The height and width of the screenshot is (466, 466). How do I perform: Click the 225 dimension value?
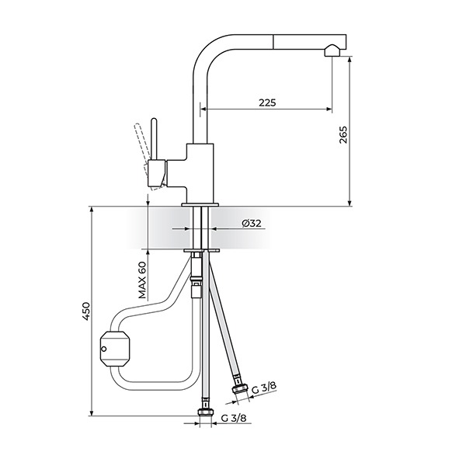267,103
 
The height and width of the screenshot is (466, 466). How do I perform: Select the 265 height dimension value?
343,134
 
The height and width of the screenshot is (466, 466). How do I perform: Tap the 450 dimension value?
85,311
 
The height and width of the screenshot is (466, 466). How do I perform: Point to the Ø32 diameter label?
252,223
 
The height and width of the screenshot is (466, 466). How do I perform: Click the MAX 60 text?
142,280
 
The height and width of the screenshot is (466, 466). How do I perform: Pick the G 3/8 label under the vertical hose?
234,419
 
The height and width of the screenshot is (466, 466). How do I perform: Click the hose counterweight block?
115,348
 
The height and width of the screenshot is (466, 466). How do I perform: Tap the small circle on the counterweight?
104,349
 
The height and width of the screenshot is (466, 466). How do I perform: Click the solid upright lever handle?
154,139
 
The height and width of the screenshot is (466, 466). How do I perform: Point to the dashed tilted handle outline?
147,155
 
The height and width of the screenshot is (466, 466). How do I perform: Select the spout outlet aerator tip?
332,50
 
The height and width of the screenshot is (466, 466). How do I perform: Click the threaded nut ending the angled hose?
240,388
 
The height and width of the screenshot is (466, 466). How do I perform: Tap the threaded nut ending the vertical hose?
205,412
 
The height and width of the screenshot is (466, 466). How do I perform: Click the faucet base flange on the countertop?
200,204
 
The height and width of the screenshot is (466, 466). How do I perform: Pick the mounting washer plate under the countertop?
201,251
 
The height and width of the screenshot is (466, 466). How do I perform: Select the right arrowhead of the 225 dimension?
329,109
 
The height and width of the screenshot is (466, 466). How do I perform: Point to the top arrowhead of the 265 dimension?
349,59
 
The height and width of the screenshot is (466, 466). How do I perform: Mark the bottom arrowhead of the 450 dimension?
92,413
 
